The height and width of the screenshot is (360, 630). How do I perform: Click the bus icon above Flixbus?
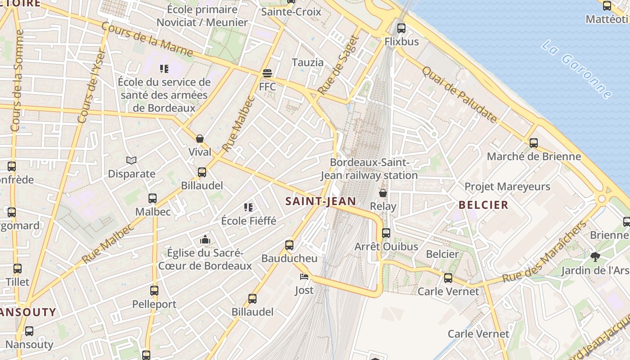tap(401, 28)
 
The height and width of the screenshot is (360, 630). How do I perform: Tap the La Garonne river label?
tap(577, 69)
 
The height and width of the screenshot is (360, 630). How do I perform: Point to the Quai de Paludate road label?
tap(459, 94)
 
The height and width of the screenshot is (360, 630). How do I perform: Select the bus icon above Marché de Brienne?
tap(534, 143)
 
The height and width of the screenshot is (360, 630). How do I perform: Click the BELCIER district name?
tap(483, 205)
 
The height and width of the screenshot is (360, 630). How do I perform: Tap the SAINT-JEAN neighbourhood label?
tap(320, 201)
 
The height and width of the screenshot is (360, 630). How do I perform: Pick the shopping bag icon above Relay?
tap(383, 193)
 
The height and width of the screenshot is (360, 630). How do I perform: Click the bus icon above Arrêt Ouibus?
tap(386, 233)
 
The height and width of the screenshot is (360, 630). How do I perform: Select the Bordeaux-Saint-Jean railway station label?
tap(369, 169)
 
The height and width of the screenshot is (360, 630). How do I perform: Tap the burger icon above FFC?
tap(267, 73)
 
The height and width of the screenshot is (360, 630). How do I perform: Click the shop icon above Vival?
tap(200, 139)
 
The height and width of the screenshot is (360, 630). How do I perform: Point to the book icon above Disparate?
tap(131, 160)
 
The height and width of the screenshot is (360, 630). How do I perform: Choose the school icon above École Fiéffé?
tap(248, 207)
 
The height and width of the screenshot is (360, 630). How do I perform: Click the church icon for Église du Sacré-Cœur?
tap(205, 239)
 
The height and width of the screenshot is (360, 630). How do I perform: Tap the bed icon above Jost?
tap(304, 277)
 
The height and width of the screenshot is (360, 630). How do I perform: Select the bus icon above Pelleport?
tap(154, 291)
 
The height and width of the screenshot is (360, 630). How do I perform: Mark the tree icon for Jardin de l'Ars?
tap(595, 257)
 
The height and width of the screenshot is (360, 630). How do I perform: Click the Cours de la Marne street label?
tap(147, 40)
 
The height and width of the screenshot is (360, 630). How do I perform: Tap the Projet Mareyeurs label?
tap(507, 186)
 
